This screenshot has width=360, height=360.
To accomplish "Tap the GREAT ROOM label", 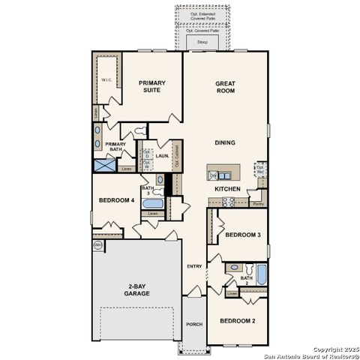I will (x=226, y=87).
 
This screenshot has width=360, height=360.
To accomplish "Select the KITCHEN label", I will (x=227, y=189).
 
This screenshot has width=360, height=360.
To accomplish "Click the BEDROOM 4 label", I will (x=116, y=200).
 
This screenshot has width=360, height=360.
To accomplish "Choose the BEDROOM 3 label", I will (x=242, y=235).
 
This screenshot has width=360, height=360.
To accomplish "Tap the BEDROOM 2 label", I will (x=237, y=321).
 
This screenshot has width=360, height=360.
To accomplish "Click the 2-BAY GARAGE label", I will (x=138, y=289).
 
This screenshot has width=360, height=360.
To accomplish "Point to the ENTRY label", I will (x=194, y=266).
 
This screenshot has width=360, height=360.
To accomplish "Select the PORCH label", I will (x=193, y=324).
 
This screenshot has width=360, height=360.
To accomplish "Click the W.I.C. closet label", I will (x=106, y=79).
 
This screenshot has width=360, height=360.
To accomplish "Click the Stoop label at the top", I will (x=202, y=43).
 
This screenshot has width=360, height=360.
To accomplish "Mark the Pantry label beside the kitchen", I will (x=258, y=202).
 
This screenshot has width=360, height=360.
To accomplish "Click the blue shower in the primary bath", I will (x=103, y=166).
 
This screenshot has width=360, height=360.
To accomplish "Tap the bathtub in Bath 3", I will (x=152, y=204).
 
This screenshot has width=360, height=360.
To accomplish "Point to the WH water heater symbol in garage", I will (x=97, y=244).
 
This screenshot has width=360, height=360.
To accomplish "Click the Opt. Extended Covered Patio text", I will (x=202, y=16).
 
